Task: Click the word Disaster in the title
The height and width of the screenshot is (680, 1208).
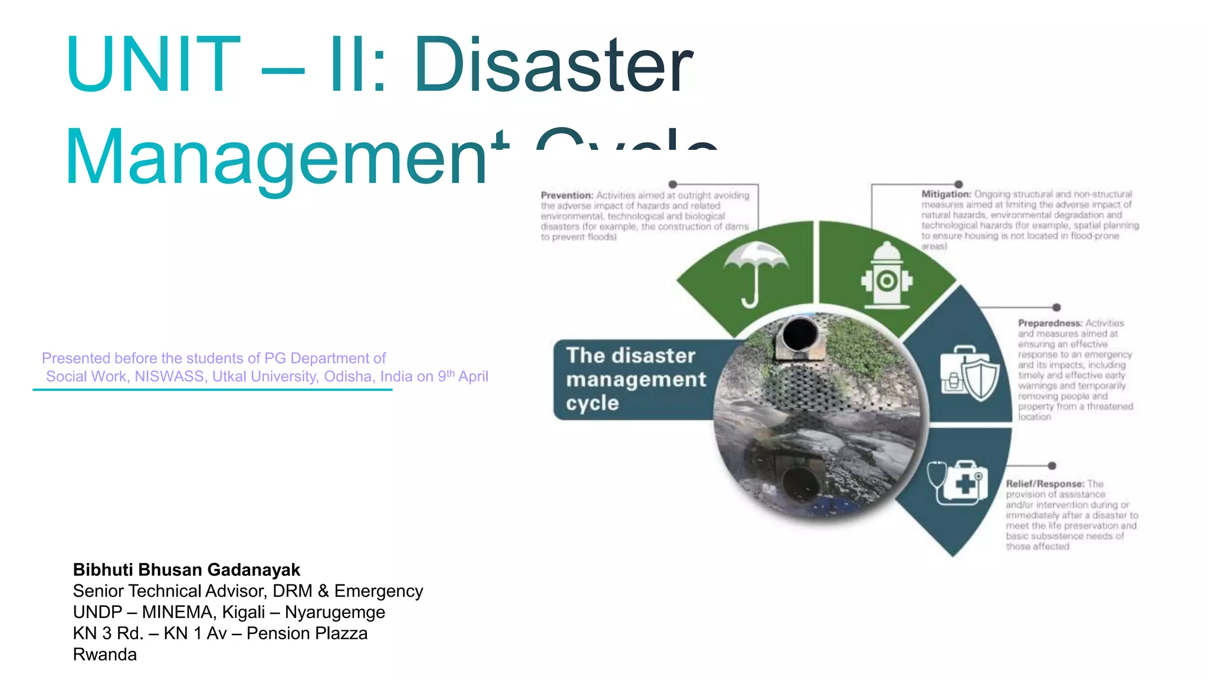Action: [553, 65]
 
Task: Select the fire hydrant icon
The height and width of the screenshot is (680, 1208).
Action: [887, 275]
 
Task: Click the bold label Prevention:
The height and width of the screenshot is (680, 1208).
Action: [567, 195]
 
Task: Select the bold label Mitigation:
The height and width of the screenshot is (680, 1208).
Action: [946, 194]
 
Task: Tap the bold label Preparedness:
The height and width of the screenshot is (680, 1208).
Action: [1050, 323]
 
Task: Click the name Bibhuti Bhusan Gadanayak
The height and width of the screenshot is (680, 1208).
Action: [186, 570]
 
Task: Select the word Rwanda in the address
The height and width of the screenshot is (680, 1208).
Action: [104, 655]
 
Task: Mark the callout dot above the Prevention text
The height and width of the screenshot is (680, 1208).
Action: [672, 184]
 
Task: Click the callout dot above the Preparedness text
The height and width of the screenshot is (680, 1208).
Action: [1056, 308]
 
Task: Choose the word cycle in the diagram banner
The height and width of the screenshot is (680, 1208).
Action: [592, 403]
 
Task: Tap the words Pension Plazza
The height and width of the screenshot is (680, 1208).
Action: [307, 633]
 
